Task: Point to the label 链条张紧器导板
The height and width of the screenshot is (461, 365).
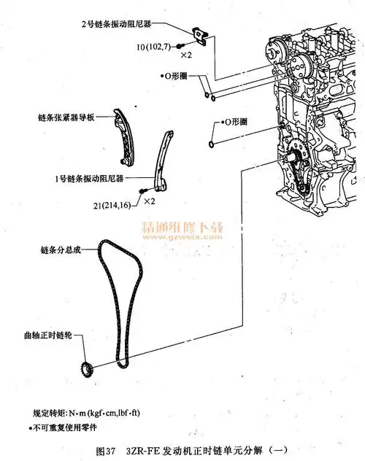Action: pyautogui.click(x=69, y=117)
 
